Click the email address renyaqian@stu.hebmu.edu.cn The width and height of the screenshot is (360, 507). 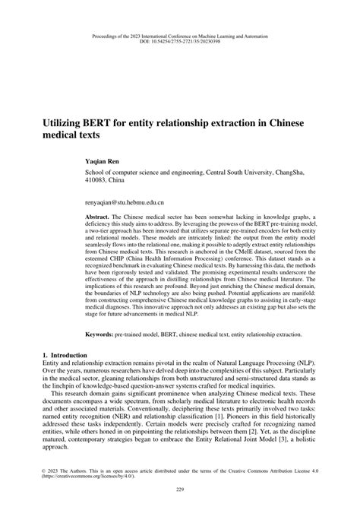pos(126,204)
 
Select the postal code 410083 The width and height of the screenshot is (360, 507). pos(95,182)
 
